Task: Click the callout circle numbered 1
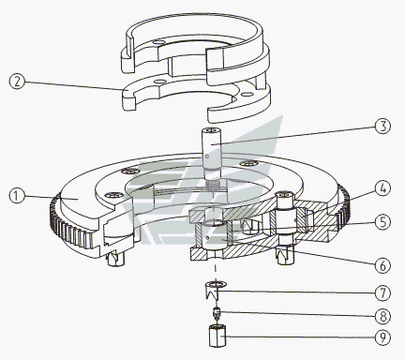click(17, 196)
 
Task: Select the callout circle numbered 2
click(17, 82)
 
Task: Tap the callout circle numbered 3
click(382, 127)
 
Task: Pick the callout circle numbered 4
click(382, 189)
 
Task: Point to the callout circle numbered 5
click(382, 222)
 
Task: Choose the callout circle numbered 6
click(382, 265)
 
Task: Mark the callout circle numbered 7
click(382, 293)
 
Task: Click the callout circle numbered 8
click(382, 316)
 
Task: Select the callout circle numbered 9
click(382, 337)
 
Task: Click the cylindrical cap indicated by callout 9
click(217, 337)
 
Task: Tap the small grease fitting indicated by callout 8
click(216, 313)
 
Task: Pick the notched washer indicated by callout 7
click(216, 290)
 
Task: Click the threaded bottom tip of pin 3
click(214, 185)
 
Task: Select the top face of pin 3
click(212, 130)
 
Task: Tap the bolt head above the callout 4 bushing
click(286, 196)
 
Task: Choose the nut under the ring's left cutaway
click(115, 259)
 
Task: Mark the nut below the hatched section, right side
click(286, 255)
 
